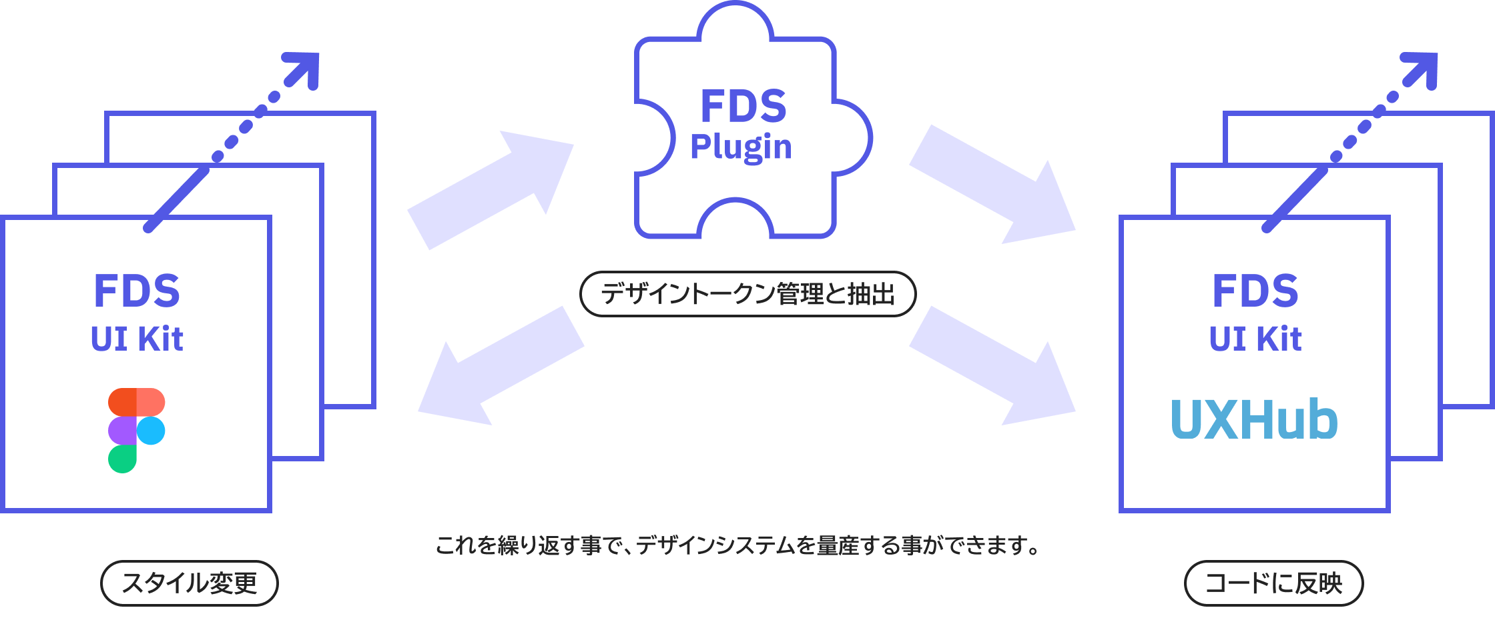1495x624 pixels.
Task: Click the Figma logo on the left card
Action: tap(136, 430)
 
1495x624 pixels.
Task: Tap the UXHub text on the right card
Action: tap(1254, 420)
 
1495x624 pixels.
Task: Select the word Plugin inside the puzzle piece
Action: tap(741, 147)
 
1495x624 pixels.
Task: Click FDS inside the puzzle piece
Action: tap(743, 107)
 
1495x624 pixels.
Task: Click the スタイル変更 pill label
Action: tap(189, 583)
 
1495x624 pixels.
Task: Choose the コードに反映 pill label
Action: tap(1273, 583)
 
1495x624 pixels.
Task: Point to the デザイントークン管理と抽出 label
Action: tap(747, 294)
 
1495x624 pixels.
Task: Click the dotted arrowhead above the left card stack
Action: tap(304, 68)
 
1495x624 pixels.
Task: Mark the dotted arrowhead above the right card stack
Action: tap(1422, 68)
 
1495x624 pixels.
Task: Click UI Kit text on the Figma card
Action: tap(137, 339)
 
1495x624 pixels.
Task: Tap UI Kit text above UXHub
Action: tap(1255, 339)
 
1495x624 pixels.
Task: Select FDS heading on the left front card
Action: tap(137, 291)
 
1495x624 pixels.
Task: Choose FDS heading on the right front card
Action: tap(1255, 291)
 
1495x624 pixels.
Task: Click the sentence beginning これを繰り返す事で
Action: tap(737, 546)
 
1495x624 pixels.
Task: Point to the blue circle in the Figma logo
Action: tap(151, 431)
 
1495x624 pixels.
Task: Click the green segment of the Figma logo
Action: tap(122, 459)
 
